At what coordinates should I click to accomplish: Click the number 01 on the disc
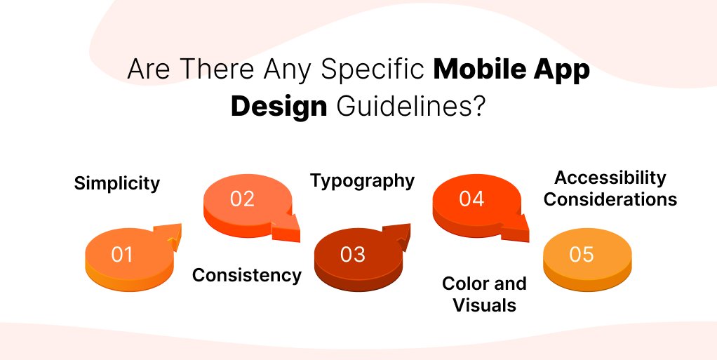click(122, 254)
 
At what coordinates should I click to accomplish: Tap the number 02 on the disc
click(242, 199)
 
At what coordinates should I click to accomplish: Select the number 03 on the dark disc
click(353, 254)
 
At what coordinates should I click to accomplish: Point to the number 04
click(471, 199)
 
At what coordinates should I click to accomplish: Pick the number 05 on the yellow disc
click(582, 254)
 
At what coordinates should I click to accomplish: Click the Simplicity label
click(117, 184)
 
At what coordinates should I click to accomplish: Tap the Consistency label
click(247, 275)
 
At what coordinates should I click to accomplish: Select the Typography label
click(363, 181)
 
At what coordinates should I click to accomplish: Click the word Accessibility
click(610, 178)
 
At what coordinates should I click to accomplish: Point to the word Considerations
click(610, 199)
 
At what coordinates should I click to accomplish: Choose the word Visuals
click(484, 305)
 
